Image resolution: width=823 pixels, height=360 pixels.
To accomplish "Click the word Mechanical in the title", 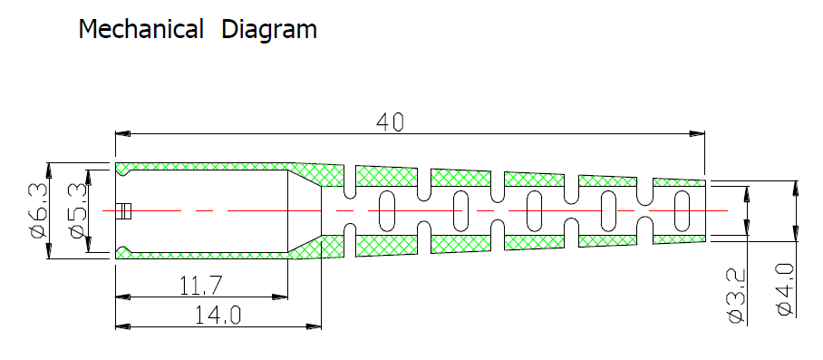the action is tap(140, 29).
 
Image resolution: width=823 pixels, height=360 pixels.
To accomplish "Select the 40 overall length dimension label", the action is tap(391, 122).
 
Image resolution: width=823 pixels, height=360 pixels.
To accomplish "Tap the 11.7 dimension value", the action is tap(201, 286).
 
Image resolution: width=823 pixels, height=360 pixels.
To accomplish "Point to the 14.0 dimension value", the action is tap(218, 316).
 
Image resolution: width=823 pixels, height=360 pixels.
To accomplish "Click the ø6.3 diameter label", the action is tap(38, 211).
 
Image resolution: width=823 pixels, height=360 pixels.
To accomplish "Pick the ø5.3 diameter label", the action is tap(77, 211).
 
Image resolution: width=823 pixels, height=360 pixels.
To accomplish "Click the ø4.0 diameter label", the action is tap(785, 289).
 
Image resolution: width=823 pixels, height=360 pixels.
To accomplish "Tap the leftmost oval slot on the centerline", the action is tap(386, 211).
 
